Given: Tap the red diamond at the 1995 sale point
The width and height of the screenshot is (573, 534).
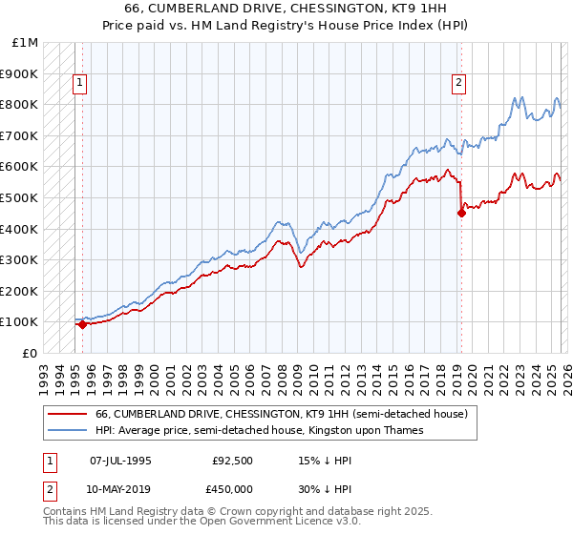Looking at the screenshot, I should pos(82,324).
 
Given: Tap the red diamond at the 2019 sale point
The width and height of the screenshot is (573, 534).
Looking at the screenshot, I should pos(461,214).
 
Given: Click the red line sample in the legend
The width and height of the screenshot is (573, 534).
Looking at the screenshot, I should pos(66,415).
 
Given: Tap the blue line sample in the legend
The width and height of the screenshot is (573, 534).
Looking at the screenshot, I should pos(66,430).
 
